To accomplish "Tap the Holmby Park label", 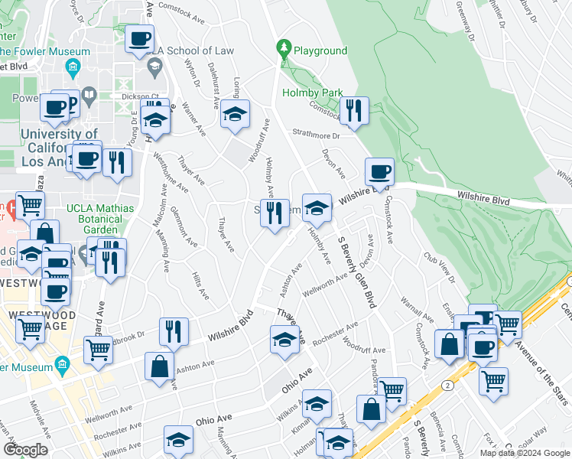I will click(x=312, y=93).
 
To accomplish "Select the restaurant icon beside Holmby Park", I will click(x=353, y=112).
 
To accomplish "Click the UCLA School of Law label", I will click(x=193, y=50).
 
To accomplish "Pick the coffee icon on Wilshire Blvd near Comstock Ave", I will click(x=379, y=173).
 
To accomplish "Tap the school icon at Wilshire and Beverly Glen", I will click(x=317, y=207).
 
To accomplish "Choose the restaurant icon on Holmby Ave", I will click(x=275, y=213).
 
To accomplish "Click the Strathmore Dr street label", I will click(x=314, y=132).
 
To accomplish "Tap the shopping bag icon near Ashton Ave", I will click(x=159, y=366).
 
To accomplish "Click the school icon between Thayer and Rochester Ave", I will click(x=284, y=340).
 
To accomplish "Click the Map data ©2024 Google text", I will click(x=525, y=453).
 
